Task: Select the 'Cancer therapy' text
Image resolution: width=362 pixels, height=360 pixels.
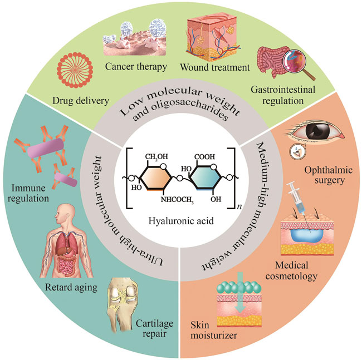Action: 134,68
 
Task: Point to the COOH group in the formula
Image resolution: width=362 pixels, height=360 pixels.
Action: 207,143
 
